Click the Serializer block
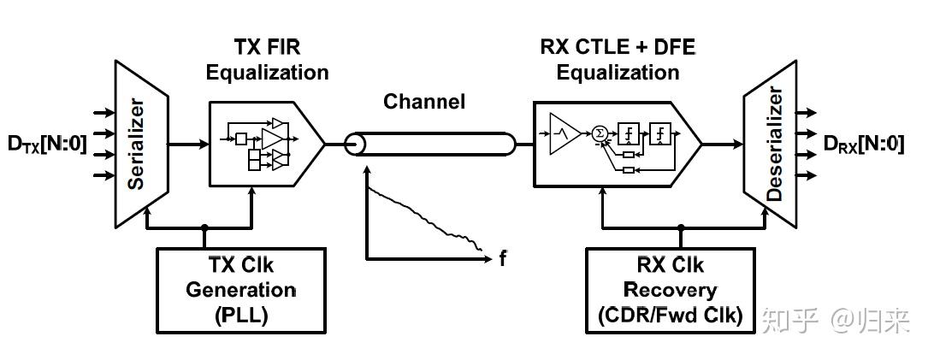(x=140, y=144)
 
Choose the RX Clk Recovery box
(x=670, y=290)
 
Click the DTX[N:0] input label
(x=47, y=145)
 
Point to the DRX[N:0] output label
(x=865, y=145)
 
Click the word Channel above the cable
(x=424, y=102)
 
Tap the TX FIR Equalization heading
(x=267, y=60)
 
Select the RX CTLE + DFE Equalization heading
(x=618, y=60)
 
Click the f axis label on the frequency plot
(x=502, y=257)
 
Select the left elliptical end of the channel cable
(x=353, y=144)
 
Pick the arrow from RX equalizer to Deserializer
(x=723, y=144)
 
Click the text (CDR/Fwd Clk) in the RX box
(x=670, y=316)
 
